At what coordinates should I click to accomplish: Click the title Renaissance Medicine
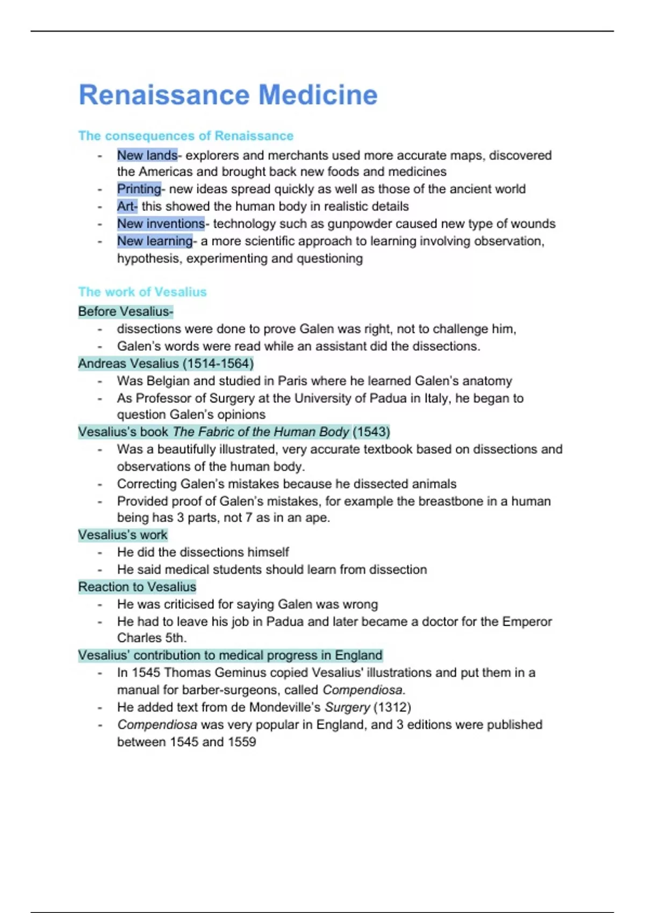tap(228, 95)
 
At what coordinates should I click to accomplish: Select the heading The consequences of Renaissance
tap(185, 136)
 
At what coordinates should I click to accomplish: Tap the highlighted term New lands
tap(147, 155)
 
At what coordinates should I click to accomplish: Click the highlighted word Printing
tap(139, 189)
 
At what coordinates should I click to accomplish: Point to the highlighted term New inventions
tap(161, 224)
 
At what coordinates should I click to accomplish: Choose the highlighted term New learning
tap(154, 241)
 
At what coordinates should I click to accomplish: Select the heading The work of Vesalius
tap(142, 292)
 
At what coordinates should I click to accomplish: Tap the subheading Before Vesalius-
tap(125, 311)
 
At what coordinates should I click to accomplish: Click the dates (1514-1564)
tap(218, 364)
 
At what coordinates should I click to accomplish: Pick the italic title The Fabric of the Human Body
tap(261, 432)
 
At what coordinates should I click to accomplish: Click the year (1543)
tap(371, 432)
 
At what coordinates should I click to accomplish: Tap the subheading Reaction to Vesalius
tap(137, 587)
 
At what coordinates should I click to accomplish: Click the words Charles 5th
tap(152, 638)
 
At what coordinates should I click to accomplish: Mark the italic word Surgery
tap(347, 707)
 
